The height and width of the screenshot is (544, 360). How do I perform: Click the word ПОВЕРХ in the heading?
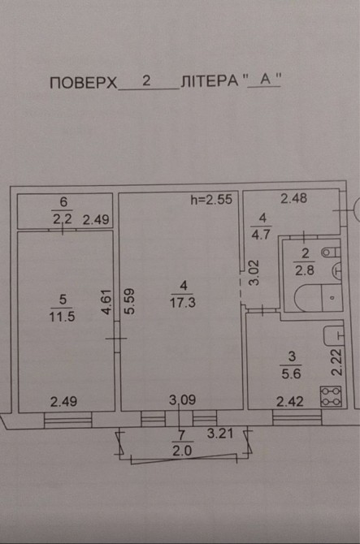(x=84, y=83)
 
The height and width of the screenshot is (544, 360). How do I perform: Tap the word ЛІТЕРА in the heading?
(x=210, y=81)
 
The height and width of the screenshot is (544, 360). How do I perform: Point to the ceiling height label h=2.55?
(x=211, y=200)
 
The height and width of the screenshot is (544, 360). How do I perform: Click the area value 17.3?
(x=183, y=303)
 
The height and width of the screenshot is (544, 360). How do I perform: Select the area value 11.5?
(x=62, y=317)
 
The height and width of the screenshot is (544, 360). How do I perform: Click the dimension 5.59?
(x=129, y=301)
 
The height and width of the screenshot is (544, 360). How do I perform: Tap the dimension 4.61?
(x=106, y=302)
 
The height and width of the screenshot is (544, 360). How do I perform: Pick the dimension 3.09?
(x=183, y=400)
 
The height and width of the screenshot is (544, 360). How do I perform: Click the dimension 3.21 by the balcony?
(x=220, y=434)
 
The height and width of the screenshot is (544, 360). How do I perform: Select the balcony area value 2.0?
(x=182, y=451)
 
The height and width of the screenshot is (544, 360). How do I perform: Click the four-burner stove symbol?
(x=332, y=396)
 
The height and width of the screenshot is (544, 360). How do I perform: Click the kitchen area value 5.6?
(x=291, y=373)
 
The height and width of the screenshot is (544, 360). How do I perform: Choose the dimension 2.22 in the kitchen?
(x=336, y=362)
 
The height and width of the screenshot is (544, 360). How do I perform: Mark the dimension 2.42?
(x=290, y=402)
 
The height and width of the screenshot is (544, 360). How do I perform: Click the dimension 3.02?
(x=254, y=272)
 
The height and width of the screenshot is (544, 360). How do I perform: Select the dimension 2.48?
(x=293, y=198)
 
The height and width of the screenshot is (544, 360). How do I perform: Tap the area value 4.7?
(x=261, y=235)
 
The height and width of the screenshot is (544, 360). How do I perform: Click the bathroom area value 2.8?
(x=305, y=270)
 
